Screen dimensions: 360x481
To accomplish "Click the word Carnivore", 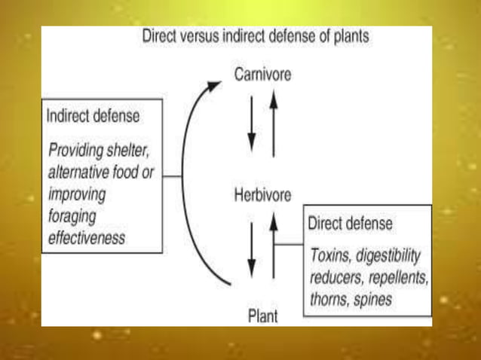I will pyautogui.click(x=262, y=75).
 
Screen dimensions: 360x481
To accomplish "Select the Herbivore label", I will pyautogui.click(x=262, y=194).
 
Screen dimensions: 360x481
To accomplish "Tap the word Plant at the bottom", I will pyautogui.click(x=262, y=316).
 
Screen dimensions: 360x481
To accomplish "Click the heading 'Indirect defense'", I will pyautogui.click(x=93, y=117).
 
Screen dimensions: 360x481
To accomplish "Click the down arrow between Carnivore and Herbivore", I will pyautogui.click(x=252, y=133).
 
